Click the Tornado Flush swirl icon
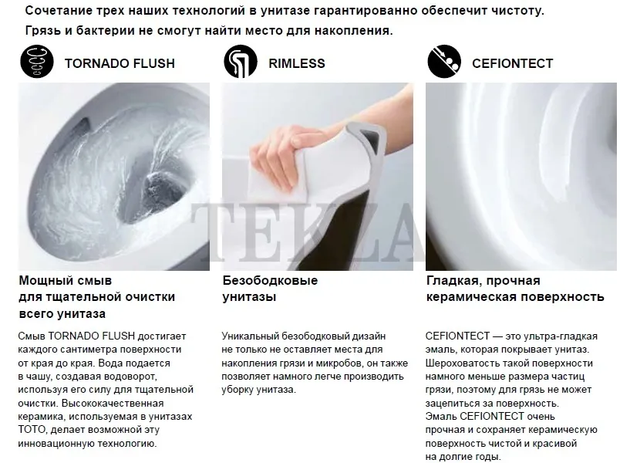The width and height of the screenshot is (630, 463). click(37, 62)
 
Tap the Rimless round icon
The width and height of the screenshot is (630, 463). click(241, 62)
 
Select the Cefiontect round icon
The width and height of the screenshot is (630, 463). click(444, 62)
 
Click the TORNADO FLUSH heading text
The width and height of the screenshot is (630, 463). click(120, 63)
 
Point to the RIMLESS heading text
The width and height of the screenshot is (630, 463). click(297, 63)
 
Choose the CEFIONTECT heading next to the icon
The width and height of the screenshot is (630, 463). click(512, 63)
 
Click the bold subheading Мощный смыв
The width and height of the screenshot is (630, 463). click(65, 280)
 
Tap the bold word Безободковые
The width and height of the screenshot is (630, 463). click(270, 280)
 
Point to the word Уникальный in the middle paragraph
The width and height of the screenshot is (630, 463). click(250, 336)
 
